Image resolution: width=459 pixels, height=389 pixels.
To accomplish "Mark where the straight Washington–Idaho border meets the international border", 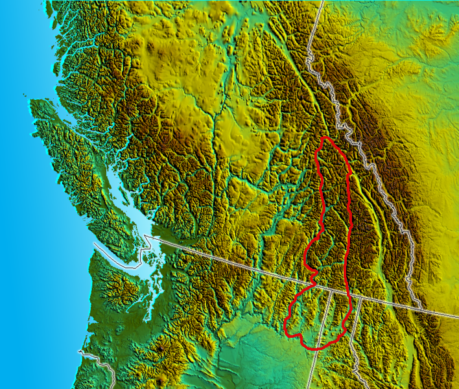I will tap(331, 290).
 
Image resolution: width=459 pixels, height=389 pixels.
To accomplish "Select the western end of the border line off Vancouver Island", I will tap(93, 244).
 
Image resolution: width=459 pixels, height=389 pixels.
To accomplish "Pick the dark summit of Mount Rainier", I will tap(160, 349).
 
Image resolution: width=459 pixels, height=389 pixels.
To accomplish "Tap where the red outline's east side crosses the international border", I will tap(351, 294).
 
